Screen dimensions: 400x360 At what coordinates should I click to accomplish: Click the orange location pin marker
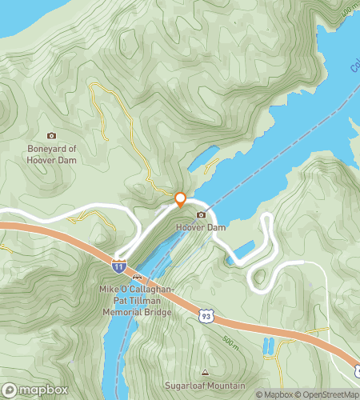pyautogui.click(x=180, y=198)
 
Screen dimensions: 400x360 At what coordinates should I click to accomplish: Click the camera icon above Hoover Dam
pyautogui.click(x=201, y=214)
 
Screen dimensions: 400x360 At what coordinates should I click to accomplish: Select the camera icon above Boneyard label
pyautogui.click(x=52, y=136)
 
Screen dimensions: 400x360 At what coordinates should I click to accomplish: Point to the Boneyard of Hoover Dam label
pyautogui.click(x=52, y=154)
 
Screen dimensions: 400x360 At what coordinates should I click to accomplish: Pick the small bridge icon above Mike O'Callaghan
pyautogui.click(x=136, y=278)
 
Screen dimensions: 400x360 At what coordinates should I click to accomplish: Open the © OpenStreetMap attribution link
pyautogui.click(x=327, y=394)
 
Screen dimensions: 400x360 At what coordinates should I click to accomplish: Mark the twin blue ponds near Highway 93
pyautogui.click(x=267, y=346)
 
